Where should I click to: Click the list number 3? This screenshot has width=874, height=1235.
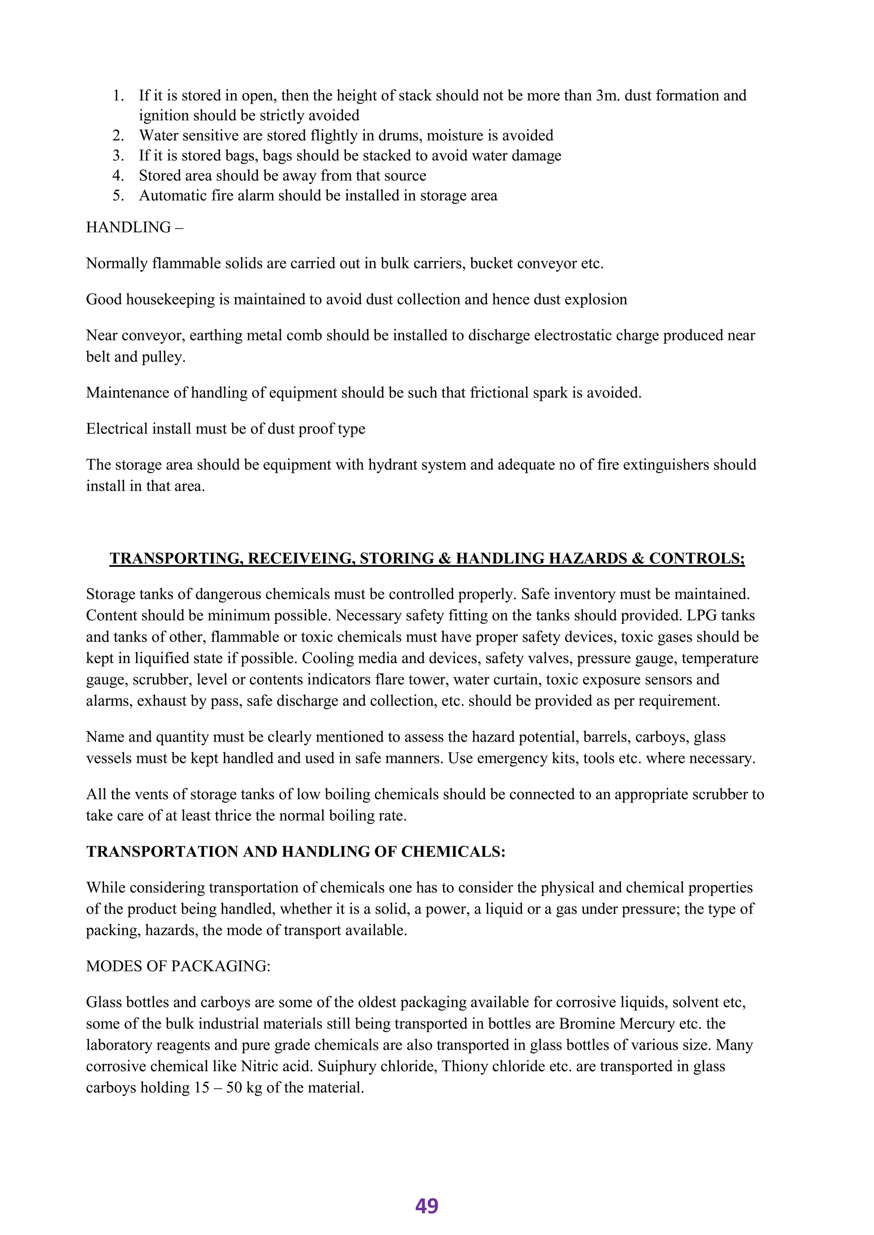(x=118, y=156)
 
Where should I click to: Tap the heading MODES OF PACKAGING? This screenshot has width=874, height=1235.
(x=178, y=967)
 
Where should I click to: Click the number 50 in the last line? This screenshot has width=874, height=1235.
(x=234, y=1088)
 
